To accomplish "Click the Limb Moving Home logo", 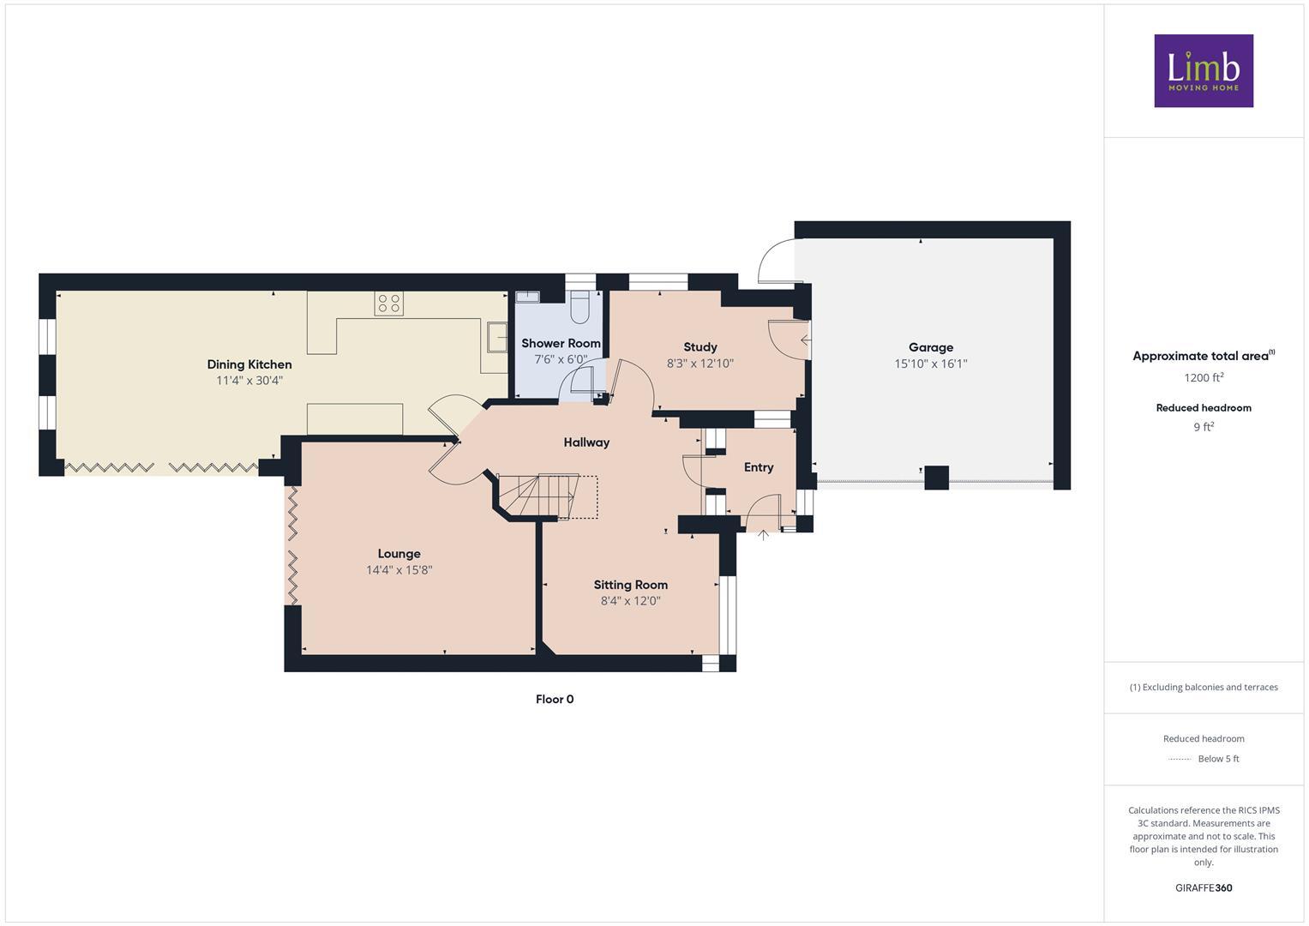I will coord(1203,70).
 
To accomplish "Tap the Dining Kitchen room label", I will coord(249,364).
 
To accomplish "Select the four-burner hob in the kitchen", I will coord(388,304).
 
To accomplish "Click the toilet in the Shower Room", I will coord(580,308).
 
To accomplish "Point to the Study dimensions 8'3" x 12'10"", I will coord(700,364).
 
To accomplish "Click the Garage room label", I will coord(930,347).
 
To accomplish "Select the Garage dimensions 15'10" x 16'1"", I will coord(930,364).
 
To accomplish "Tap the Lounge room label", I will coord(399,554).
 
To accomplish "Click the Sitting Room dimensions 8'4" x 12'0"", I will coord(630,601).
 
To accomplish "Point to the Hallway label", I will coord(586,442).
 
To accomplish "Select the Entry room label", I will coord(758,467).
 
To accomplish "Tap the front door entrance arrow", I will coord(763,536).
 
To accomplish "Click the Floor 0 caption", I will coord(555,700).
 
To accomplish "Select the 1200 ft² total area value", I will coord(1203,378).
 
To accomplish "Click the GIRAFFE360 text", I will coord(1203,888).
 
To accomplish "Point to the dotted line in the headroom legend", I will coord(1180,759).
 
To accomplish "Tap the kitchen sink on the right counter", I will coord(496,337).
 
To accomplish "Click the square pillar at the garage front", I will coord(936,478).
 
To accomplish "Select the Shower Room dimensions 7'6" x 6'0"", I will coord(561,360).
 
